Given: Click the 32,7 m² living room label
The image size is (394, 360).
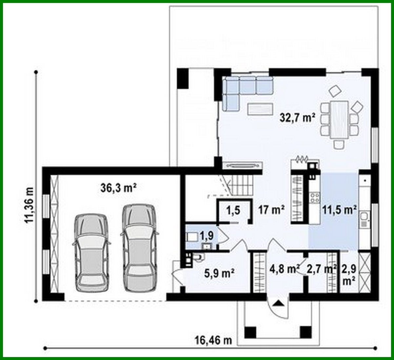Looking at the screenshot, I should point(297,117).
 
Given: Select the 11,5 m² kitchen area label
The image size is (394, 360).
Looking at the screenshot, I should point(339,210).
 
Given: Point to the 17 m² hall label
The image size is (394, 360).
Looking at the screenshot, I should point(270,210).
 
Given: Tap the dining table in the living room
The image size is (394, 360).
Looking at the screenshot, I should point(339,120).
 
